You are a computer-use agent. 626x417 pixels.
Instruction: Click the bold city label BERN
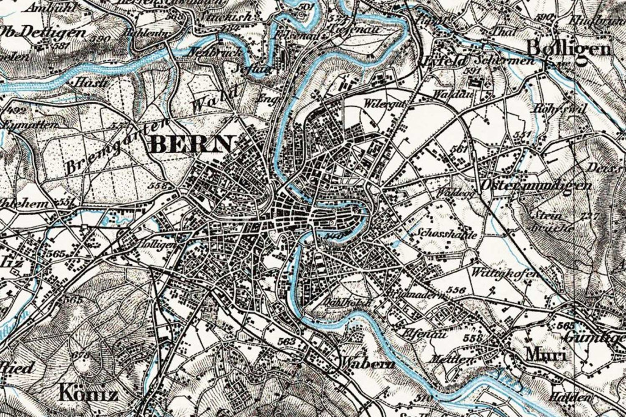191,145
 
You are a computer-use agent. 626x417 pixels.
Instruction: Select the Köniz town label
88,393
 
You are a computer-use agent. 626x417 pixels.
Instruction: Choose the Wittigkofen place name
506,273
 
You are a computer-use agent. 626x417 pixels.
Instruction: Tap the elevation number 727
589,216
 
